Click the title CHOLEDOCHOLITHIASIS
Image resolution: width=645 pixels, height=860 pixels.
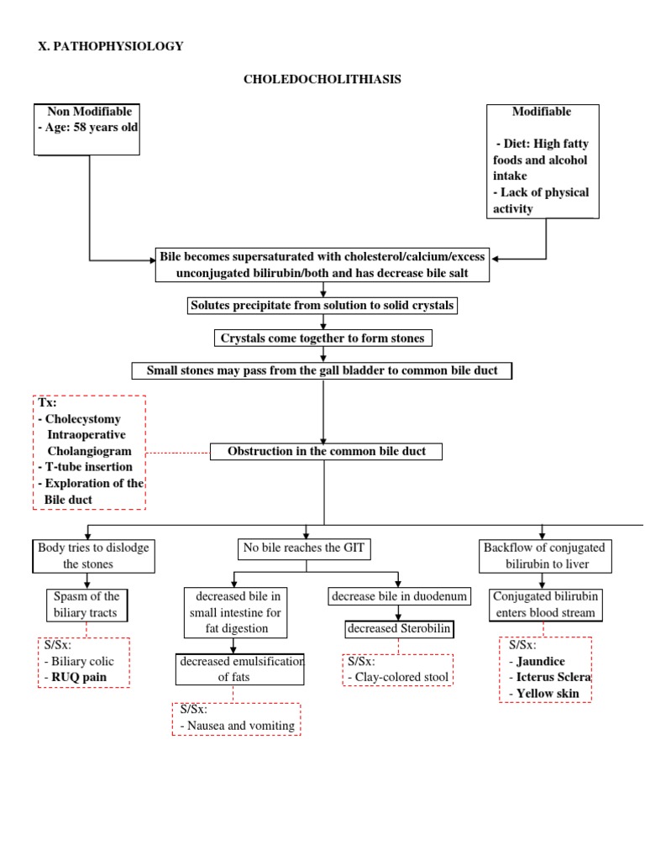tap(322, 79)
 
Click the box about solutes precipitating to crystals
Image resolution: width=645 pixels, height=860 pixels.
tap(322, 306)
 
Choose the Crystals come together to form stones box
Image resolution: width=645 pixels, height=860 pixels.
tap(322, 338)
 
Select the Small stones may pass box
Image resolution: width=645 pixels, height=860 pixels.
tap(322, 370)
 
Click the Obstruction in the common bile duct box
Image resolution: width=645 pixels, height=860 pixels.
tap(326, 451)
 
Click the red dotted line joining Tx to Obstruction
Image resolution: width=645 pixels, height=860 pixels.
tap(177, 452)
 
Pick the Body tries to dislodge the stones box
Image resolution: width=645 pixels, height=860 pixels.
tap(94, 556)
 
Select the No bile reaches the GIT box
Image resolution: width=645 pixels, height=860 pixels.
tap(307, 549)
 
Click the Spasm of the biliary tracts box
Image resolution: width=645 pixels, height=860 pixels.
tap(87, 604)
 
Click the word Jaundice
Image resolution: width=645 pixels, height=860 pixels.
tap(541, 661)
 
